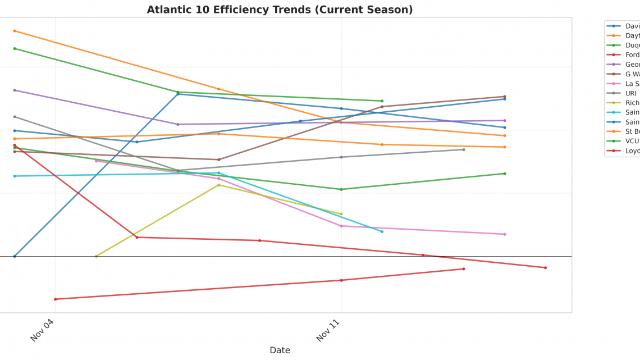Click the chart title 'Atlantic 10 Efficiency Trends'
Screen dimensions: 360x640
[280, 10]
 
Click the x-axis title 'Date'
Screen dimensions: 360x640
[280, 350]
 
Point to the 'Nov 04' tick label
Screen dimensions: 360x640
[42, 330]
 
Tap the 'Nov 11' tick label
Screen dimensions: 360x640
[328, 330]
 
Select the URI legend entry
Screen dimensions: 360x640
[630, 93]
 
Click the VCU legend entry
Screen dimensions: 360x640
[630, 141]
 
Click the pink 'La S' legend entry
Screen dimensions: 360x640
[630, 84]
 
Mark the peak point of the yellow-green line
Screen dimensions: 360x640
[219, 185]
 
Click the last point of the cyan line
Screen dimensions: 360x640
[382, 231]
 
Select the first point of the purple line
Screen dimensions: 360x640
[15, 90]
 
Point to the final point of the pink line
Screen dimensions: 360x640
[505, 234]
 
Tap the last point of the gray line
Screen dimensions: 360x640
[464, 149]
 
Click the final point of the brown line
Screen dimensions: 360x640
[505, 97]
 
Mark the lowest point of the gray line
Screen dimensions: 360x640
[178, 171]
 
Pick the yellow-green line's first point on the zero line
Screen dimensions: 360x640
[96, 256]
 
